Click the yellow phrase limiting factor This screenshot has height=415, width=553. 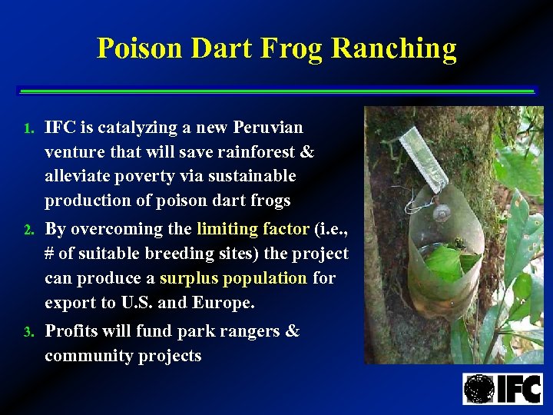(x=253, y=229)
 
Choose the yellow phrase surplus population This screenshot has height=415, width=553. (x=233, y=278)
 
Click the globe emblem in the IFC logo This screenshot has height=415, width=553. (x=479, y=388)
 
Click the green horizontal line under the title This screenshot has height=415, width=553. (x=276, y=91)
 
